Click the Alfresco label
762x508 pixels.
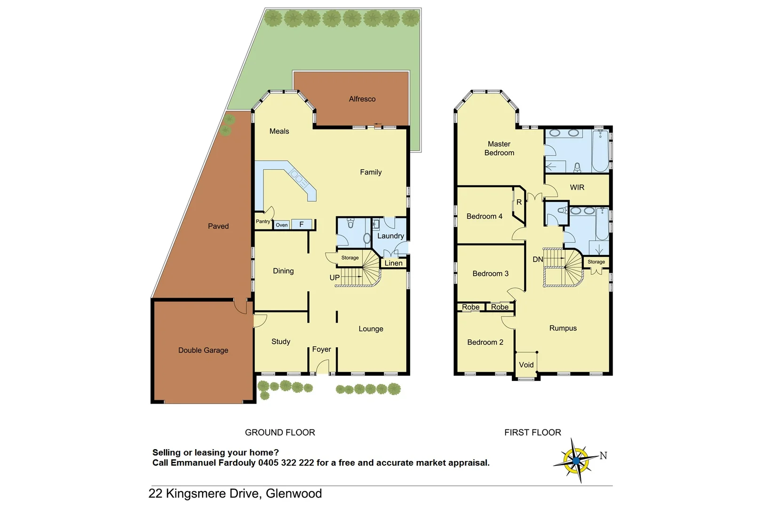[362, 99]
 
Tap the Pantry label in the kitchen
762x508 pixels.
[263, 222]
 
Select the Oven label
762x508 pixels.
[282, 225]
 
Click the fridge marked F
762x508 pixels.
[302, 224]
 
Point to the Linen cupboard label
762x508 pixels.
[394, 263]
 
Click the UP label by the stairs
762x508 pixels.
[334, 278]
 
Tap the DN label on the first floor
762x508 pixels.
[538, 259]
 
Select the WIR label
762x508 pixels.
[577, 187]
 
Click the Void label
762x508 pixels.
[526, 365]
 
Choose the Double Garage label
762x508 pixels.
[203, 350]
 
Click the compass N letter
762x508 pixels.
[603, 455]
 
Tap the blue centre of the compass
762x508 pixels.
[576, 461]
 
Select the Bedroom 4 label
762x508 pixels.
[484, 216]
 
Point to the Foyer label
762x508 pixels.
[322, 349]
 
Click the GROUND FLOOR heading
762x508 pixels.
[280, 432]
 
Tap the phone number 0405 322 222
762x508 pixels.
[286, 463]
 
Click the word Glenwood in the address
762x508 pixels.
[294, 493]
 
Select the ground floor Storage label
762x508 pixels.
[350, 258]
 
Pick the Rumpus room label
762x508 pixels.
[563, 328]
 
